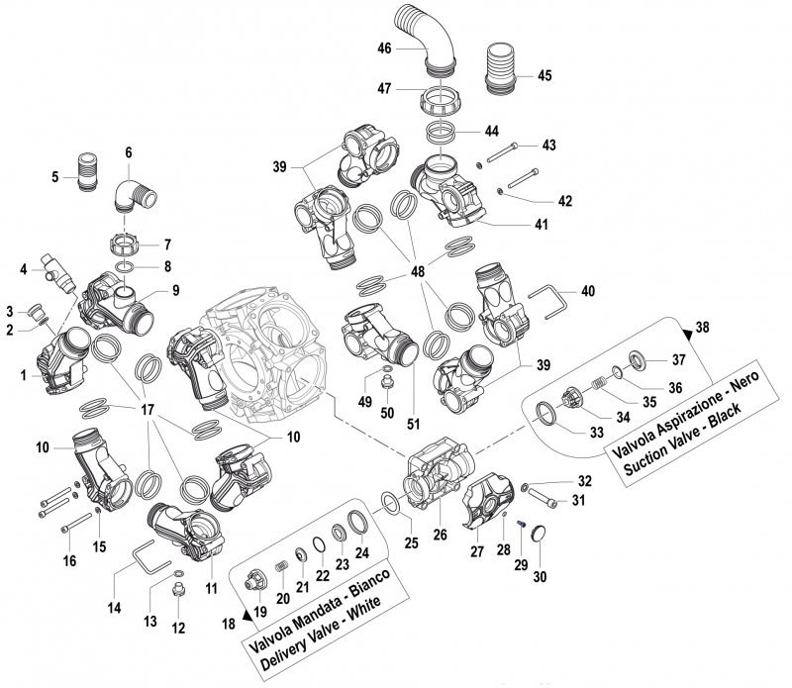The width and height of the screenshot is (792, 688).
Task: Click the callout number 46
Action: click(x=384, y=49)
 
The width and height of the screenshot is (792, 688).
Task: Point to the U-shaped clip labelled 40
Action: click(x=548, y=299)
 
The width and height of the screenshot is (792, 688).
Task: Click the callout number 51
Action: click(x=414, y=424)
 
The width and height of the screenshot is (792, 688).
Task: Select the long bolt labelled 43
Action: click(x=502, y=148)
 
